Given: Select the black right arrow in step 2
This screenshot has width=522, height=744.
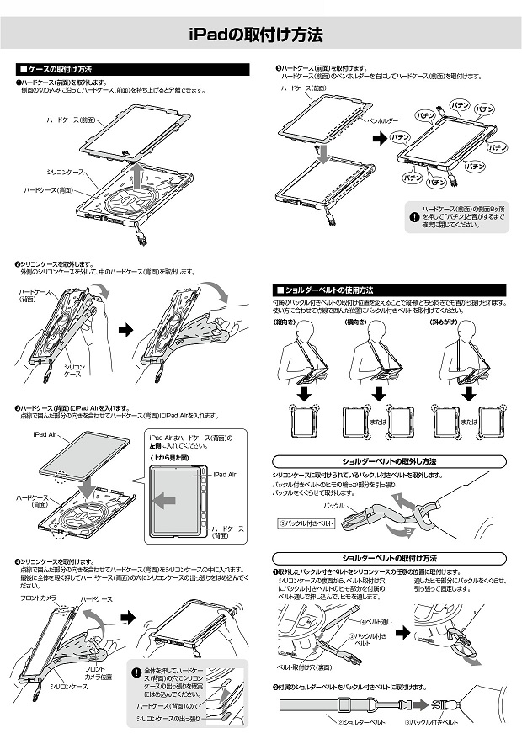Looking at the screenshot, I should pyautogui.click(x=127, y=331).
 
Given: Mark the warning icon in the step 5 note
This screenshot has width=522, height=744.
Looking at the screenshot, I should pyautogui.click(x=413, y=216).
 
